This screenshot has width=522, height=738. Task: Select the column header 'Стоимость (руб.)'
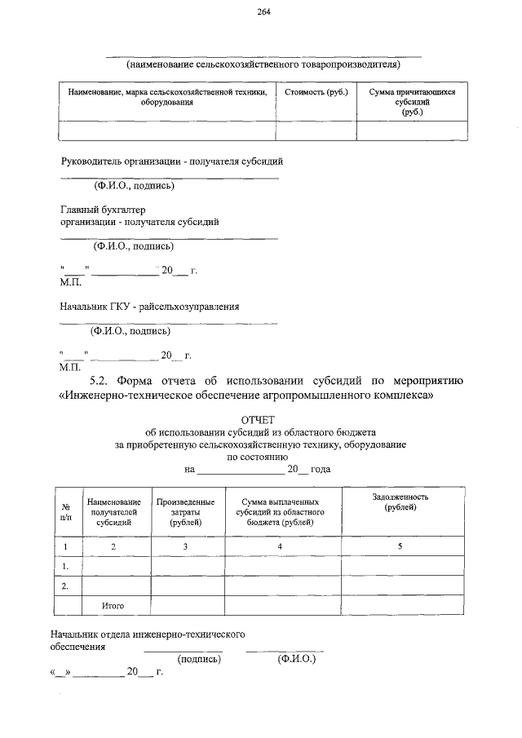click(316, 93)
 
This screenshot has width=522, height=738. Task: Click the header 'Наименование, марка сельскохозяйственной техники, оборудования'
click(167, 98)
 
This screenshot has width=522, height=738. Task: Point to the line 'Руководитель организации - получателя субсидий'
click(172, 161)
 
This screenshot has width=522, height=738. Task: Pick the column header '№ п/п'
click(66, 510)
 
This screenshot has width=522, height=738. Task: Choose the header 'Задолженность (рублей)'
click(400, 502)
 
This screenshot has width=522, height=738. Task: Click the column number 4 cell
click(280, 546)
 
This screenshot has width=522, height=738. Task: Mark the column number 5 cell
click(400, 546)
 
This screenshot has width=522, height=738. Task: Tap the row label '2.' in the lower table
click(64, 586)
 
